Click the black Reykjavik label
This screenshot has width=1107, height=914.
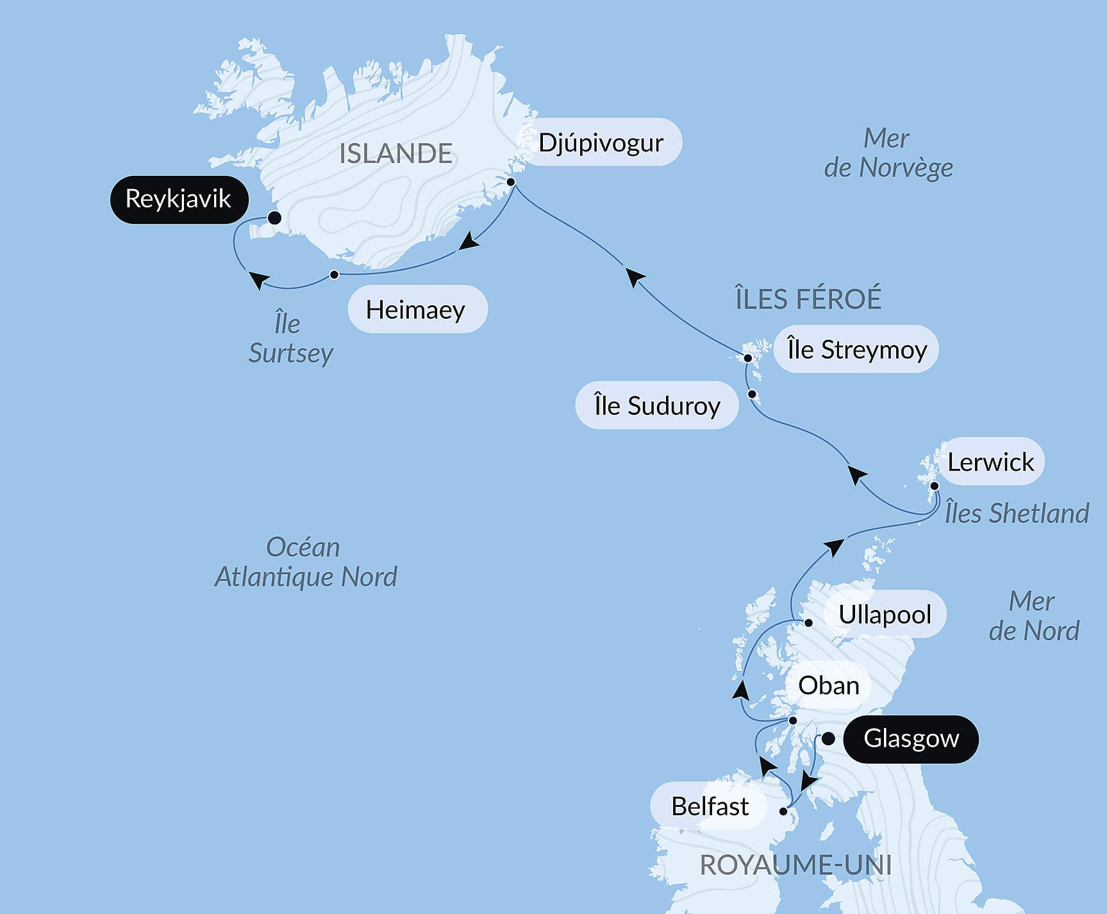[179, 199]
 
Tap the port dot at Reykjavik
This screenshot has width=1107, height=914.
[274, 218]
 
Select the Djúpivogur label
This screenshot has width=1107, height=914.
[601, 142]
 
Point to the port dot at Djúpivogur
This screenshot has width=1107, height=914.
[511, 182]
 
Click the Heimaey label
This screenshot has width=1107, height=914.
[417, 310]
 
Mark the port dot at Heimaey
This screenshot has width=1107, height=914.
[334, 275]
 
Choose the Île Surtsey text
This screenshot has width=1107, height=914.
[290, 338]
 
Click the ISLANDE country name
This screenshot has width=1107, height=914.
[395, 154]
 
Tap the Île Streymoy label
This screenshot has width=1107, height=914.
[856, 350]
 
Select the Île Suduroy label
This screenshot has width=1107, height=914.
[657, 405]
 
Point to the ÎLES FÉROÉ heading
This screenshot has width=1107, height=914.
[808, 299]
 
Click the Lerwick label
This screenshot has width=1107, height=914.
[990, 462]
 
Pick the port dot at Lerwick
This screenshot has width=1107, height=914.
[935, 486]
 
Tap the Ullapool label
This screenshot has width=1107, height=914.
[885, 614]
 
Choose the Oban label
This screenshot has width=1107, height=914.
[829, 686]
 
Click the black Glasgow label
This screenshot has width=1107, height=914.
[911, 739]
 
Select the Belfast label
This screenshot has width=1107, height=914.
[709, 806]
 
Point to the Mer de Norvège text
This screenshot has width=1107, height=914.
[888, 153]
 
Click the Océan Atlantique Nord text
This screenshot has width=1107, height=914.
[305, 562]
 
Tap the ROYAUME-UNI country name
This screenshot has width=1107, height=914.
[795, 865]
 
